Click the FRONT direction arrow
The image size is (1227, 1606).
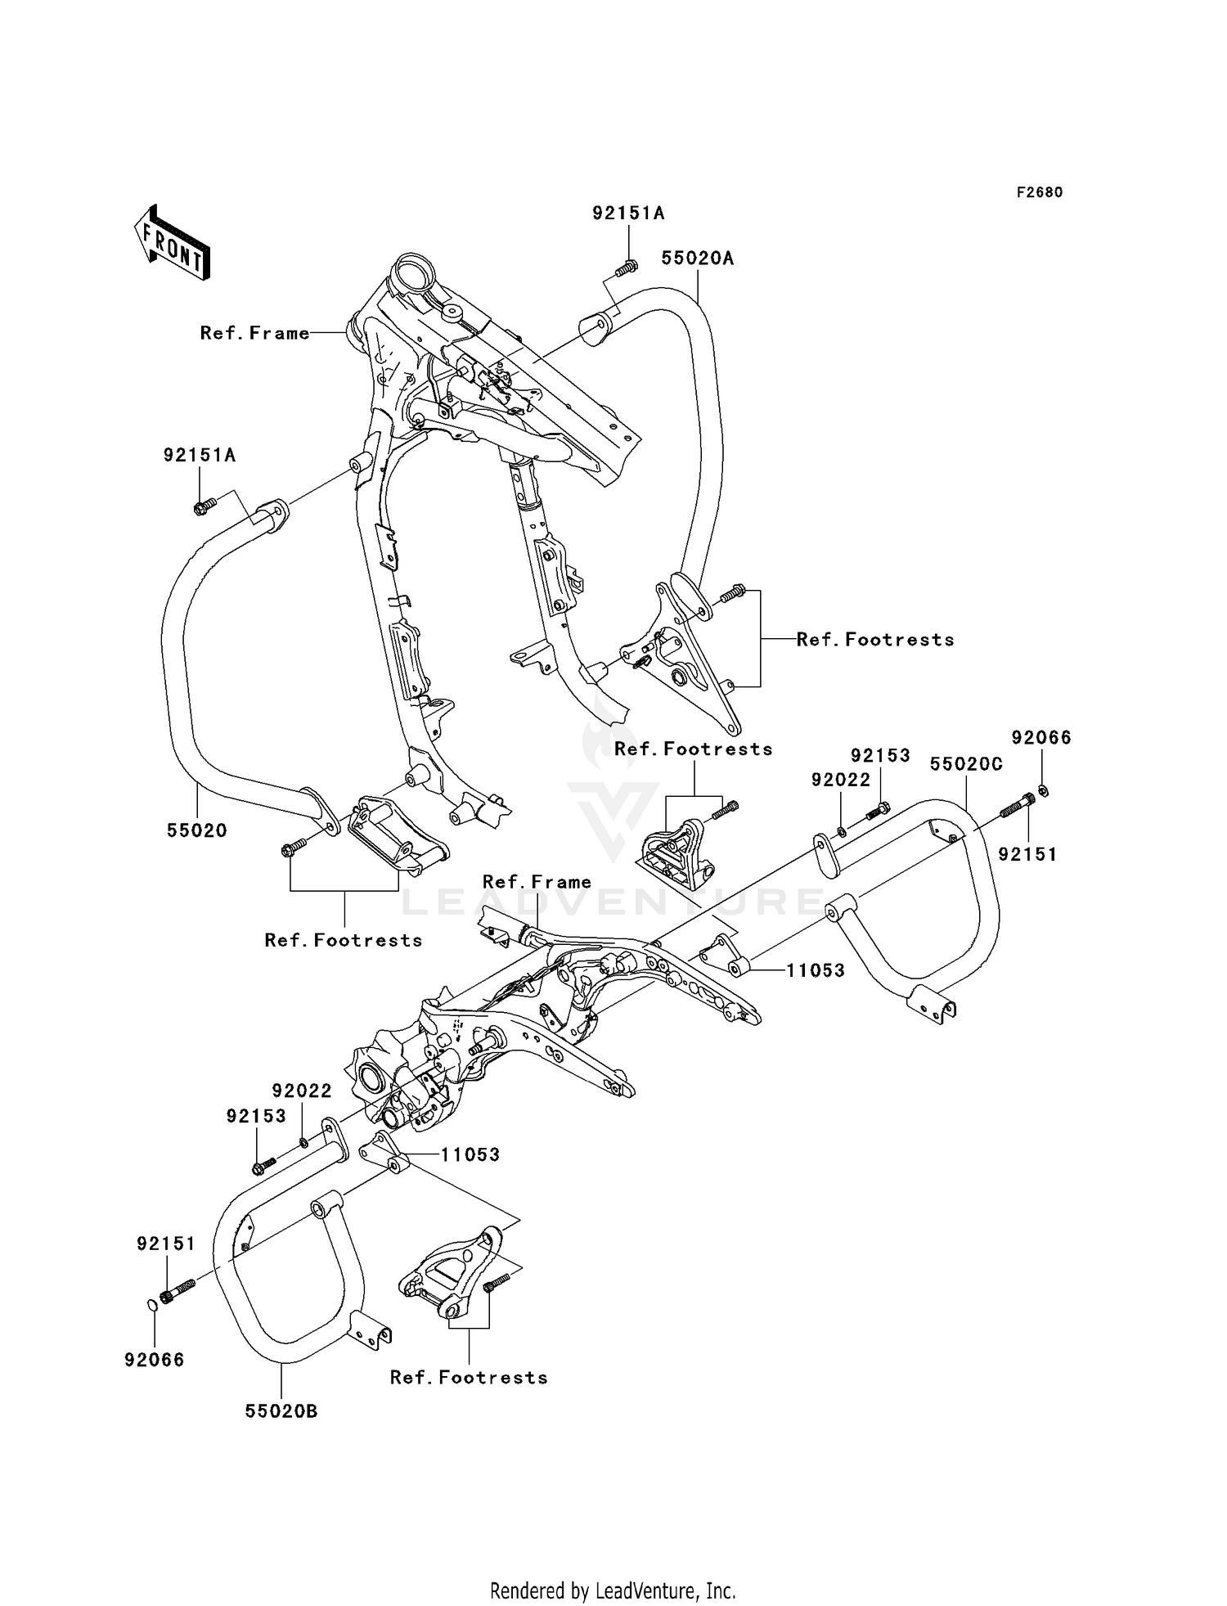(x=173, y=244)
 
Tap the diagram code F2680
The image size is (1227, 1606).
(x=1040, y=192)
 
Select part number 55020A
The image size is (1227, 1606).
(x=698, y=259)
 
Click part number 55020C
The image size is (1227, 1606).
(x=967, y=765)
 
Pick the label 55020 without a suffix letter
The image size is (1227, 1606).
(x=197, y=830)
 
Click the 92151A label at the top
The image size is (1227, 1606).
(x=629, y=214)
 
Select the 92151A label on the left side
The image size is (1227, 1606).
(x=200, y=455)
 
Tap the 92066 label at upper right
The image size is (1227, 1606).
(x=1041, y=737)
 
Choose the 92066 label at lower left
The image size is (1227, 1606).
(x=155, y=1360)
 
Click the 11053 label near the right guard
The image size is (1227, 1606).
(x=816, y=970)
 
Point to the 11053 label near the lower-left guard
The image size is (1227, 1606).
(x=470, y=1154)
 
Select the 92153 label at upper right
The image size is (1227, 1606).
(x=880, y=755)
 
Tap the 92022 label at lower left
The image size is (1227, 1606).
(x=303, y=1091)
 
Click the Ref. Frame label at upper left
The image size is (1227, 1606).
(x=255, y=333)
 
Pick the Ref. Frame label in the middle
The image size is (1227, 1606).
(x=537, y=882)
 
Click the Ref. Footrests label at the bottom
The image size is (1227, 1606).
(x=469, y=1378)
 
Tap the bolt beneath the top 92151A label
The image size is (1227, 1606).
(x=628, y=267)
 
